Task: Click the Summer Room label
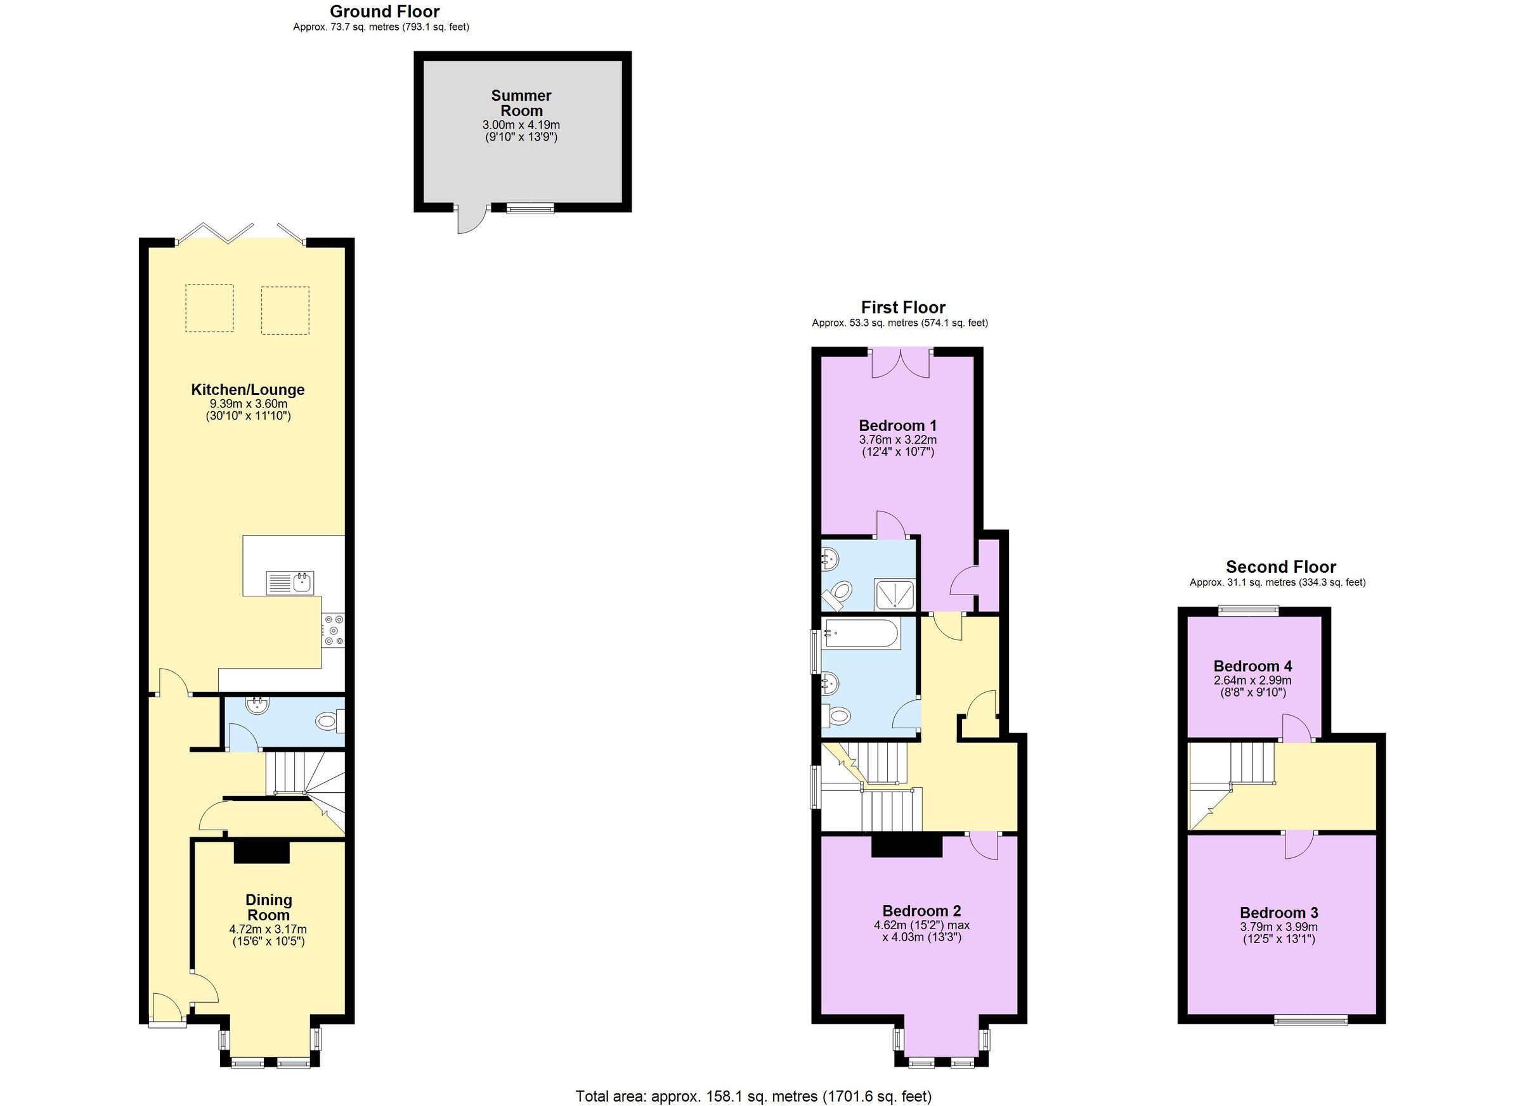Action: pos(521,103)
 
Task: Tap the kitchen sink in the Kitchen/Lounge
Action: pos(290,583)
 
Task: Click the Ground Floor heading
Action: pos(384,11)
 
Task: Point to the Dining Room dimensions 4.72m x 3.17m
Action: pos(268,930)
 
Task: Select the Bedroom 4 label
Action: pos(1252,666)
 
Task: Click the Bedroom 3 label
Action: pos(1278,913)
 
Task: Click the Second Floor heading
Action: pos(1280,567)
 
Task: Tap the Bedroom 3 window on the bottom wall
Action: pos(1310,1021)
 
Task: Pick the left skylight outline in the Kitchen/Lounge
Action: pos(209,308)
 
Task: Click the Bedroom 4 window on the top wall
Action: pos(1248,610)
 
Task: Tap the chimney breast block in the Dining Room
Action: pos(262,852)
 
